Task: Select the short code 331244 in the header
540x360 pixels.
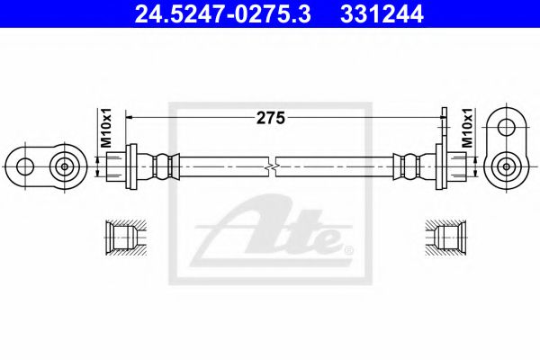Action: pyautogui.click(x=373, y=14)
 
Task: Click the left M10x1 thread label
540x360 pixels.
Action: pyautogui.click(x=104, y=128)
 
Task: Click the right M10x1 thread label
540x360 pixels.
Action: pyautogui.click(x=466, y=128)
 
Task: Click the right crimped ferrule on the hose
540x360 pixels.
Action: pyautogui.click(x=409, y=166)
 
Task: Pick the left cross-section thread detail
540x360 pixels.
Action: pyautogui.click(x=119, y=238)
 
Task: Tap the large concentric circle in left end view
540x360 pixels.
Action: pyautogui.click(x=64, y=166)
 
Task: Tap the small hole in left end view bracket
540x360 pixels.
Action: pyautogui.click(x=24, y=166)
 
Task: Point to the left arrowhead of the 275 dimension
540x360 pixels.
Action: pyautogui.click(x=131, y=116)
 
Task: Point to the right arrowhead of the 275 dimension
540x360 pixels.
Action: pyautogui.click(x=438, y=116)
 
